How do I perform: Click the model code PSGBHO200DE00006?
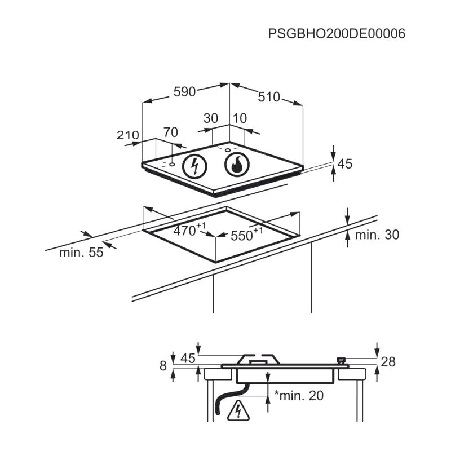[x=337, y=34]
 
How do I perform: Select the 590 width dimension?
[x=185, y=91]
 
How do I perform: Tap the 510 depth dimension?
[x=269, y=97]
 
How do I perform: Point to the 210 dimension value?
[x=128, y=135]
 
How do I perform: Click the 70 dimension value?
[x=171, y=132]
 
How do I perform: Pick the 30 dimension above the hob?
[x=211, y=118]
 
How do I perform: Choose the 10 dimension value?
[x=240, y=118]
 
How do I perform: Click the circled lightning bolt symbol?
[x=195, y=166]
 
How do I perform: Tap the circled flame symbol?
[x=237, y=165]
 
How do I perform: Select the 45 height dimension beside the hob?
[x=345, y=163]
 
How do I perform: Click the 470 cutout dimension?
[x=189, y=229]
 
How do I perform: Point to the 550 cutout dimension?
[x=246, y=234]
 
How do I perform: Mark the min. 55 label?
[x=81, y=253]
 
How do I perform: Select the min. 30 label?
[x=377, y=235]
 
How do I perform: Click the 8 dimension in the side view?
[x=163, y=366]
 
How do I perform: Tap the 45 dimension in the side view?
[x=188, y=359]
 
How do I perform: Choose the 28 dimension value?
[x=388, y=361]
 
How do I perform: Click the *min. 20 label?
[x=299, y=396]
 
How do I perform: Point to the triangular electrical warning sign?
[x=238, y=410]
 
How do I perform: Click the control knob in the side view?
[x=341, y=360]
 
